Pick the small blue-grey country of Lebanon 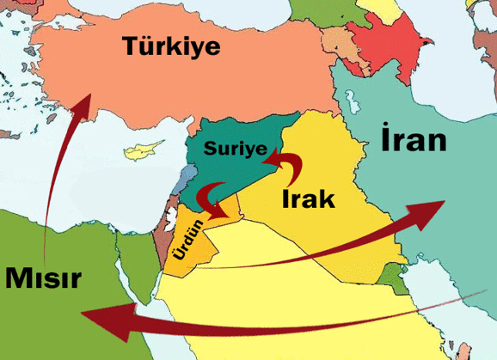tap(178, 183)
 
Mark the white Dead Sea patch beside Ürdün tap(169, 229)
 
